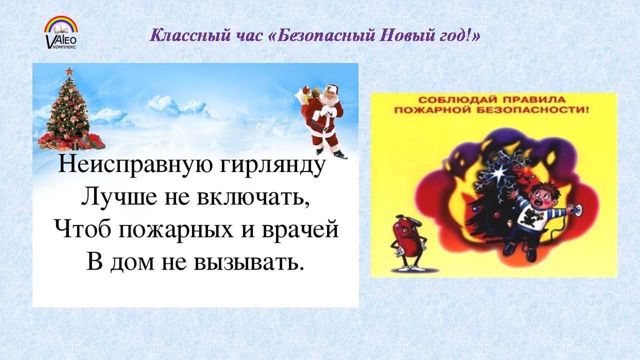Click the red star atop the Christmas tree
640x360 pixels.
point(69,71)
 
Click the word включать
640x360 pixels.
point(253,197)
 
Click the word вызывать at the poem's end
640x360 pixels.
point(248,262)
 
